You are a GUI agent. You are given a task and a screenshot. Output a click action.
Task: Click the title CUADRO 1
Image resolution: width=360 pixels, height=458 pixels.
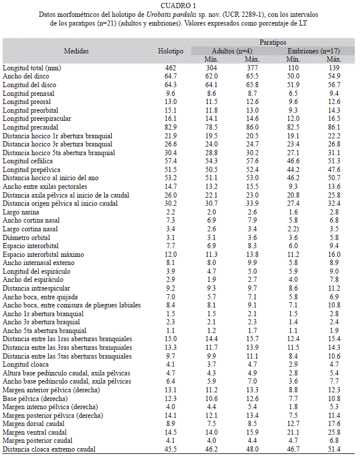tap(178, 6)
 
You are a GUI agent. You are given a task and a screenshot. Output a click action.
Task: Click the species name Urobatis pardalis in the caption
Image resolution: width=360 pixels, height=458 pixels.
tap(171, 15)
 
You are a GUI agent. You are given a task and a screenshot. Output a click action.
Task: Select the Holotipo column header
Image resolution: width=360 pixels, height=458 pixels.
tap(170, 51)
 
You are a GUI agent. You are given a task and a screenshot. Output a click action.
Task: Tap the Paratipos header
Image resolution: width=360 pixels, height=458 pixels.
tap(273, 42)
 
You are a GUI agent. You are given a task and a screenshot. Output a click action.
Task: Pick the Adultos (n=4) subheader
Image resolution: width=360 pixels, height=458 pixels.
tap(231, 51)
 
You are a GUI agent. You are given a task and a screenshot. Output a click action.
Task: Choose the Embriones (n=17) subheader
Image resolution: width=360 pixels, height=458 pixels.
tap(313, 51)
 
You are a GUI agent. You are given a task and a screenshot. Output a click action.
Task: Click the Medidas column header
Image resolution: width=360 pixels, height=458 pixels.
tap(76, 51)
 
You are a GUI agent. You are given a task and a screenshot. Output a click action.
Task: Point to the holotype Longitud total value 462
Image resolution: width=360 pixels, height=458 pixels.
tap(170, 68)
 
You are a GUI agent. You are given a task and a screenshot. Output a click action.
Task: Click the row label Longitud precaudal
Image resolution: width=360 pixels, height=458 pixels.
tap(30, 127)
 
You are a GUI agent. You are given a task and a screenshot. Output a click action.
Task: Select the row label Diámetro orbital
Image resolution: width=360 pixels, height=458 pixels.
tap(26, 238)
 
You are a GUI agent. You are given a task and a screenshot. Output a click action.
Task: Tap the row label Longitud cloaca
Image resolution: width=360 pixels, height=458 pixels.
tap(26, 364)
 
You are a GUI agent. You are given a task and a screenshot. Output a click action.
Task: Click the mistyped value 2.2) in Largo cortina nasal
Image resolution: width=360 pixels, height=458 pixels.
tap(293, 229)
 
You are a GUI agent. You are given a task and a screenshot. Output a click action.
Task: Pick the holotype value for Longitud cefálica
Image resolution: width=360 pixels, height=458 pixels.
tap(170, 161)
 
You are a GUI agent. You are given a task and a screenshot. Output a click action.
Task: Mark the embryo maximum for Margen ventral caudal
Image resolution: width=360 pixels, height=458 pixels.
tap(334, 432)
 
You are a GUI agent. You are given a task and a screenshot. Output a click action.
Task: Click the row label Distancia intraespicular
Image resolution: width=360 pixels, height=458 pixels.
tap(36, 288)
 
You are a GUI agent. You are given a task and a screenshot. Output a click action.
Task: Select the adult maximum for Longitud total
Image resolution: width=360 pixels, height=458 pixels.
tap(252, 68)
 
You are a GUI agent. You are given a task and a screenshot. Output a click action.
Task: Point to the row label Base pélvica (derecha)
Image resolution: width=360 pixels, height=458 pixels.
tap(35, 398)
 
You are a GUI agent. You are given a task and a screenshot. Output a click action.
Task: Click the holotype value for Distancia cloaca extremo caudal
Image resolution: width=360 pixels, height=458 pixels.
tap(170, 449)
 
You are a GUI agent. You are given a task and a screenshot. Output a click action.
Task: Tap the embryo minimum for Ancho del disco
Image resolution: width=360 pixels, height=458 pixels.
tap(293, 76)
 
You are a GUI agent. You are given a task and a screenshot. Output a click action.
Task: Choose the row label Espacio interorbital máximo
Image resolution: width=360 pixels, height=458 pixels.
tap(43, 255)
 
